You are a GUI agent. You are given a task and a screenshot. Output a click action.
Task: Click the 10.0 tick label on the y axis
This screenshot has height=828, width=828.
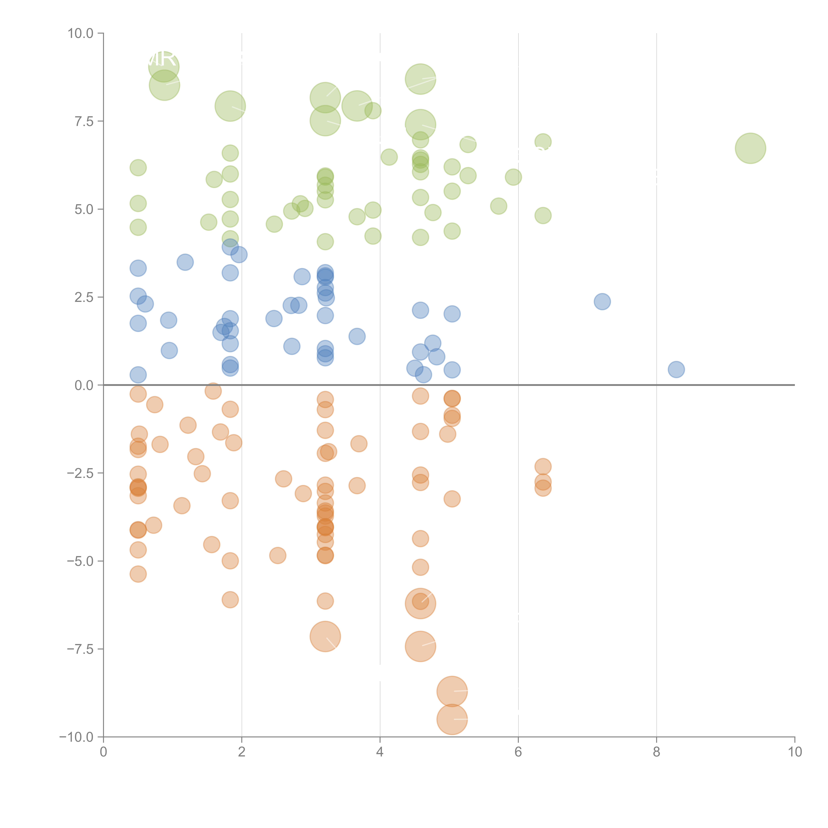click(81, 33)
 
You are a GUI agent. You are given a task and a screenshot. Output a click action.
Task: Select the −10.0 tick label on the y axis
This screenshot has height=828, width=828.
click(76, 737)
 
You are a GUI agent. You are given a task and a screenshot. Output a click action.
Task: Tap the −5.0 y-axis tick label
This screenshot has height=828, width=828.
click(80, 561)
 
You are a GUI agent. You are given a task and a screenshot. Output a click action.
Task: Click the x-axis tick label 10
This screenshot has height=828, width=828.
click(795, 752)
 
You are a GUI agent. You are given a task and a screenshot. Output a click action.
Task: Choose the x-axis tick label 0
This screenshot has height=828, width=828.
click(103, 752)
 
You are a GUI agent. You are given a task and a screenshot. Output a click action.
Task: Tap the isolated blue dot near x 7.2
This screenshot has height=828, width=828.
click(602, 302)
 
